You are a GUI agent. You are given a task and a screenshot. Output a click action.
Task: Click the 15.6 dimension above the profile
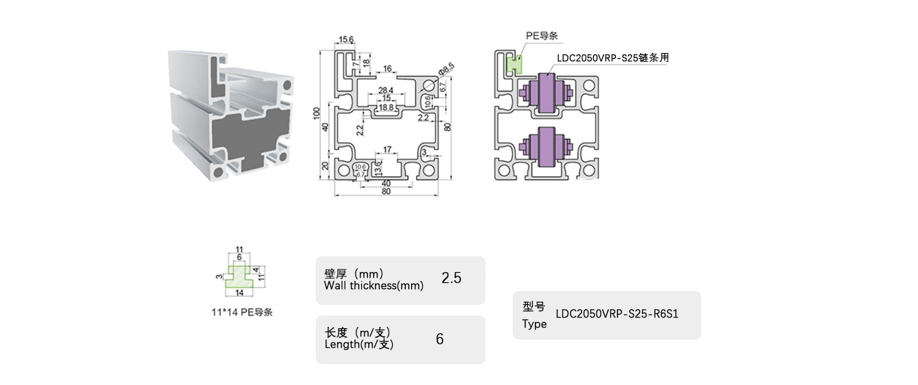click(347, 40)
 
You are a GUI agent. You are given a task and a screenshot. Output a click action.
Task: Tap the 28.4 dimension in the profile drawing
click(386, 90)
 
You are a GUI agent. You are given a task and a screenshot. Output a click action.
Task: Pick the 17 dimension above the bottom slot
click(388, 150)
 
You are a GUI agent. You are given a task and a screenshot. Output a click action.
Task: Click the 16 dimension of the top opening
click(388, 68)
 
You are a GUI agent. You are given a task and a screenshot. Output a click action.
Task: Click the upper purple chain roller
click(544, 95)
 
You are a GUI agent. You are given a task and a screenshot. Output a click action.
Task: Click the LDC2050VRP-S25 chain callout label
click(612, 57)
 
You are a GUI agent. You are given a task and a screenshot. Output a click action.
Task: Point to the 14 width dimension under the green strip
click(239, 293)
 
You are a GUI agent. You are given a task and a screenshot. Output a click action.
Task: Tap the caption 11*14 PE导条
click(242, 312)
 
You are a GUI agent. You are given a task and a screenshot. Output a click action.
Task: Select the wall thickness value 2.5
click(451, 278)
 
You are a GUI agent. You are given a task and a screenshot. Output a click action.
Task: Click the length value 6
click(439, 339)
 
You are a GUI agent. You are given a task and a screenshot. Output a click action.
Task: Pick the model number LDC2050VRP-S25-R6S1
click(616, 314)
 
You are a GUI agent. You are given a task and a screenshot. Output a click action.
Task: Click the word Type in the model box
click(534, 324)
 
